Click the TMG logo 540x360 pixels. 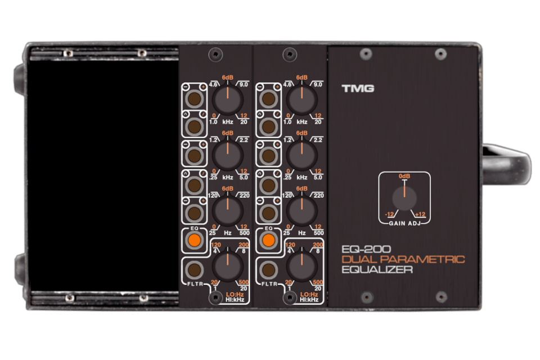click(x=358, y=88)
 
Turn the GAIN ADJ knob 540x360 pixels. click(x=404, y=199)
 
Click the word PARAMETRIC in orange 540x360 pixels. click(x=422, y=259)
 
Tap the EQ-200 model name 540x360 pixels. click(x=366, y=249)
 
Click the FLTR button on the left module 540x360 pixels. click(x=194, y=270)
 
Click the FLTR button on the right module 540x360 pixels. click(x=269, y=270)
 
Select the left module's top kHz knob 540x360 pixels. click(x=227, y=100)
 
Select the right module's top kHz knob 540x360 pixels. click(x=301, y=100)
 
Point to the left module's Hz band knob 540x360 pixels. click(x=227, y=211)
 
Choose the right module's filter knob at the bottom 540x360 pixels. click(x=301, y=266)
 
